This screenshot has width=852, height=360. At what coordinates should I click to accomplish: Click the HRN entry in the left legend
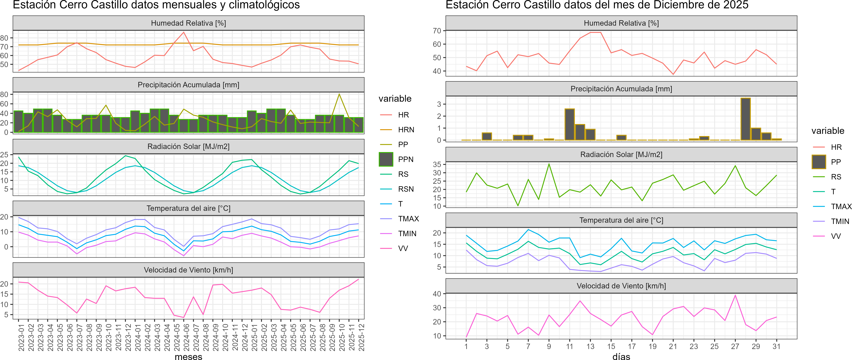click(406, 130)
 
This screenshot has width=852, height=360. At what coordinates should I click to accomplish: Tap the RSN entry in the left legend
click(406, 189)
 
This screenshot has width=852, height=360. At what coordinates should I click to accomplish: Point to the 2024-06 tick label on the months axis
click(186, 337)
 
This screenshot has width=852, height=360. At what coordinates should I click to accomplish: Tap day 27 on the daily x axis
click(735, 346)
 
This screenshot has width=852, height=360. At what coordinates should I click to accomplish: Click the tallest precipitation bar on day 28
click(745, 119)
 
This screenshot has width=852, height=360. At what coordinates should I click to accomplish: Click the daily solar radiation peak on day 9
click(549, 164)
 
